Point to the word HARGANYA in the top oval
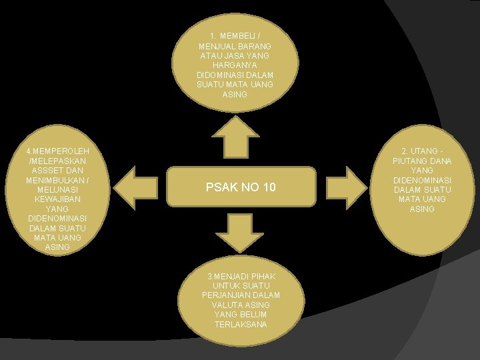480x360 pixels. pos(235,65)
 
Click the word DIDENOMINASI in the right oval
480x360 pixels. pos(422,180)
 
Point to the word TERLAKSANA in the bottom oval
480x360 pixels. pos(241,324)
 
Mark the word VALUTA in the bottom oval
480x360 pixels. pos(223,305)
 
